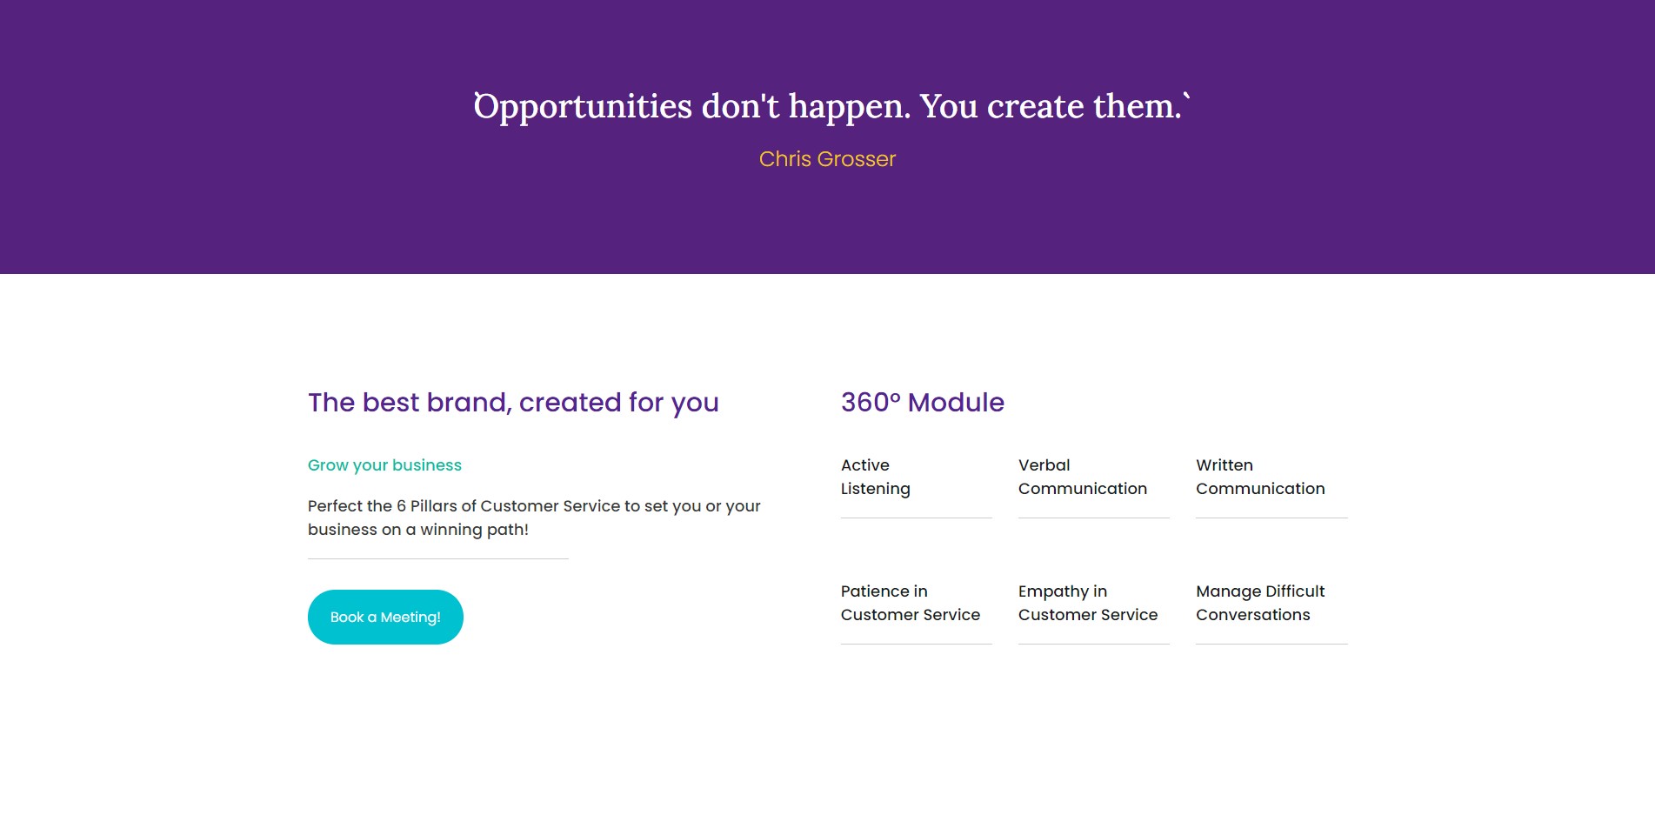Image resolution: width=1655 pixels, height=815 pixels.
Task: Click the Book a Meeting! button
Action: (385, 617)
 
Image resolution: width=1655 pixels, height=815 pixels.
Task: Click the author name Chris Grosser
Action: (827, 159)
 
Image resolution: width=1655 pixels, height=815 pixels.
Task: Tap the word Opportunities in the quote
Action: (583, 107)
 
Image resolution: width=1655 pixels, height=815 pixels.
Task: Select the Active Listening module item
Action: (876, 477)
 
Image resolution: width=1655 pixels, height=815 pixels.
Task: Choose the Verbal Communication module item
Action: (1083, 477)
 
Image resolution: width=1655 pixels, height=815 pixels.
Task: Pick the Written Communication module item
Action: (1260, 477)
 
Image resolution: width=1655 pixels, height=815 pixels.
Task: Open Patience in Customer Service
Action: (911, 603)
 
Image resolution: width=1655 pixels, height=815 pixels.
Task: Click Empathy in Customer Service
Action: (1088, 603)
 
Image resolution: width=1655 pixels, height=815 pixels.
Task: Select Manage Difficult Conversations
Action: (1260, 603)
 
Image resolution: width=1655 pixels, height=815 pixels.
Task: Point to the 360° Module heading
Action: (923, 402)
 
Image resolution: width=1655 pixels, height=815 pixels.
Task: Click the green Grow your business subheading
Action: (384, 465)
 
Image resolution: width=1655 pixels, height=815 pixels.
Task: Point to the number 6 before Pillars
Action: (401, 506)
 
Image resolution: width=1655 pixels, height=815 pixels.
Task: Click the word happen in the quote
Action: (849, 107)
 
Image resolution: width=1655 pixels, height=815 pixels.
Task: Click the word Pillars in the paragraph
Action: (434, 506)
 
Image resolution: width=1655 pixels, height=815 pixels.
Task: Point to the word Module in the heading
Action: (956, 402)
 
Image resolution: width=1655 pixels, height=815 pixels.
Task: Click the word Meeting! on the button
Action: (410, 618)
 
